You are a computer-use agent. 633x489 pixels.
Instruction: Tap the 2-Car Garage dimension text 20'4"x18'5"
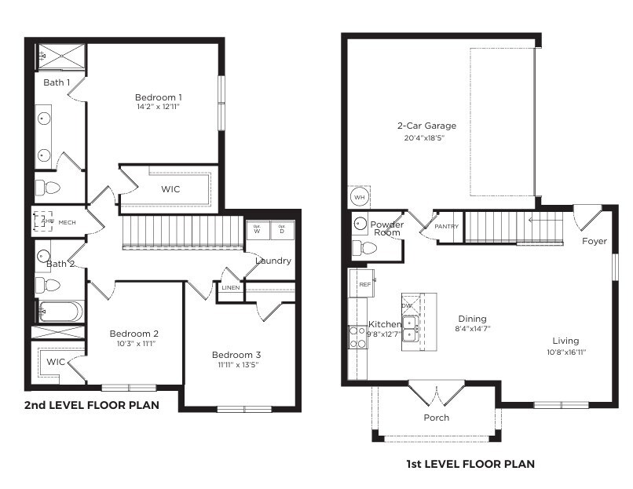click(x=426, y=138)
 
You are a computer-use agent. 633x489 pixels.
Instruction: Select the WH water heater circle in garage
click(x=359, y=196)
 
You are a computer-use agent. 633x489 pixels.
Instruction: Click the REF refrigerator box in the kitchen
click(x=364, y=284)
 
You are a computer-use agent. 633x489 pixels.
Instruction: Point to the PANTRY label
click(x=446, y=227)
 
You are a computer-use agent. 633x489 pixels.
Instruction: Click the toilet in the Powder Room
click(x=364, y=249)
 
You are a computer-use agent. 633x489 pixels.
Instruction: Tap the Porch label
click(x=437, y=418)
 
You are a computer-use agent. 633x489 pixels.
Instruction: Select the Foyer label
click(x=594, y=241)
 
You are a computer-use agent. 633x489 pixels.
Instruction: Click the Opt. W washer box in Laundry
click(x=258, y=230)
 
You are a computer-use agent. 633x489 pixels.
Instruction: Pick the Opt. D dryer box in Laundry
click(x=282, y=230)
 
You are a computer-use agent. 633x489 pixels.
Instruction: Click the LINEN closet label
click(x=231, y=288)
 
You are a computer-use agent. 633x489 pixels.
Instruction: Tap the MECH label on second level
click(x=67, y=222)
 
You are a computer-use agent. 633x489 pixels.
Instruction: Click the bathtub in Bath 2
click(x=60, y=311)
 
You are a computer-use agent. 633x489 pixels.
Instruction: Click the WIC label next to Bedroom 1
click(x=171, y=189)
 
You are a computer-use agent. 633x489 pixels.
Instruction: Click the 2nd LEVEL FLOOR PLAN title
click(x=91, y=406)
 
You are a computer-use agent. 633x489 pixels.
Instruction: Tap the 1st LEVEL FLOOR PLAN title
click(x=470, y=464)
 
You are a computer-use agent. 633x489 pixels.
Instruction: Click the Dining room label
click(x=472, y=319)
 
